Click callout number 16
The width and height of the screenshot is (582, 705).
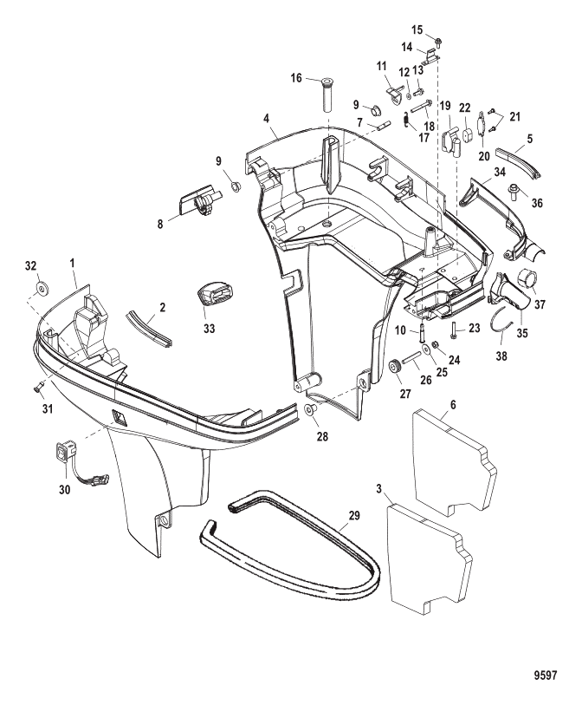pyautogui.click(x=297, y=78)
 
